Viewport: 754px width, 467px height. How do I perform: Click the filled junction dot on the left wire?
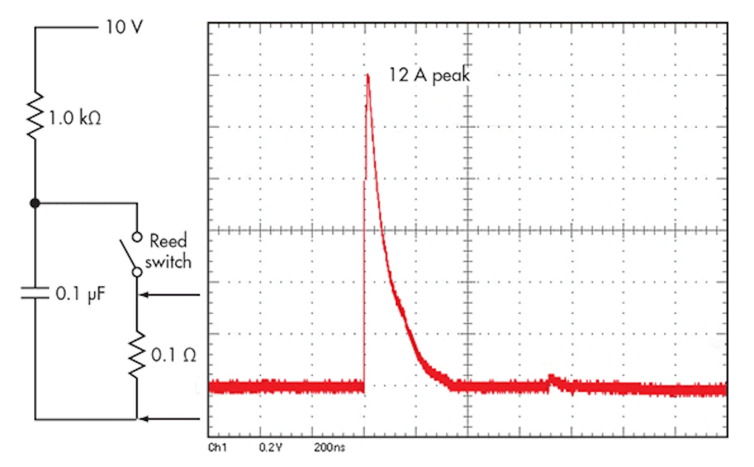pos(35,203)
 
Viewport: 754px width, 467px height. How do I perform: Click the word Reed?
pos(168,242)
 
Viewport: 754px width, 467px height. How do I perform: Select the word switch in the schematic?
pos(170,262)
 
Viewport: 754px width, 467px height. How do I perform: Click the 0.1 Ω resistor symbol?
pos(136,355)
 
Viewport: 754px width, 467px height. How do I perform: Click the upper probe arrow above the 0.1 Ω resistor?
pos(170,295)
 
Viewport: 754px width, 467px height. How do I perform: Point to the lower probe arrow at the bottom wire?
pos(170,419)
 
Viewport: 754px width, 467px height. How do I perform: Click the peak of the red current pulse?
pos(368,75)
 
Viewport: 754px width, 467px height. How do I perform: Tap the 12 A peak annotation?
pos(429,75)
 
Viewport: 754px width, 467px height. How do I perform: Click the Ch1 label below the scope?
pos(217,448)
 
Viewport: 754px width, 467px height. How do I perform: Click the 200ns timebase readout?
pos(330,448)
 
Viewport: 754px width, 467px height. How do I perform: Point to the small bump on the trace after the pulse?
pos(552,378)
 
